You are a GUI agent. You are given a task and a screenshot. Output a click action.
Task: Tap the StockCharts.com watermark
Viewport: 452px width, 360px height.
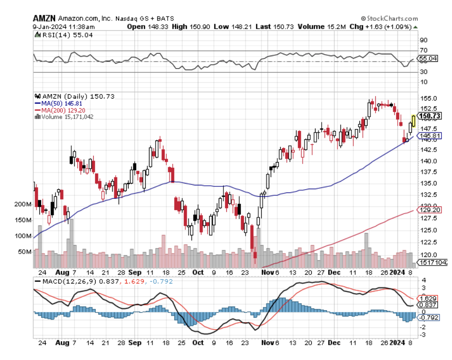click(x=389, y=18)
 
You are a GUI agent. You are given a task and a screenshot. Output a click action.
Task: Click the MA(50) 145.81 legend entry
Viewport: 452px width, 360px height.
click(x=58, y=103)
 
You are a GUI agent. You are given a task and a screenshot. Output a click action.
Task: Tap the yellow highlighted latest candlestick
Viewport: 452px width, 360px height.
click(x=413, y=121)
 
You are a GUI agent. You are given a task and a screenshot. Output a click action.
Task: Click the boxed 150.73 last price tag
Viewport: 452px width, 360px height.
click(x=428, y=116)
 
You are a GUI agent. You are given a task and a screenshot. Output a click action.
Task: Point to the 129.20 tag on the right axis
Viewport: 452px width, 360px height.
click(x=428, y=210)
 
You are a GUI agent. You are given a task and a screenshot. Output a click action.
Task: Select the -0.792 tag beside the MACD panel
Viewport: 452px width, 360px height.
click(x=428, y=317)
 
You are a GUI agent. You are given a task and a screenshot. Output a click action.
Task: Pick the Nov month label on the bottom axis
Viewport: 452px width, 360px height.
click(x=268, y=343)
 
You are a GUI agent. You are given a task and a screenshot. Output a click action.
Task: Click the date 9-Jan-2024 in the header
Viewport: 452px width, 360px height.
click(x=49, y=27)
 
